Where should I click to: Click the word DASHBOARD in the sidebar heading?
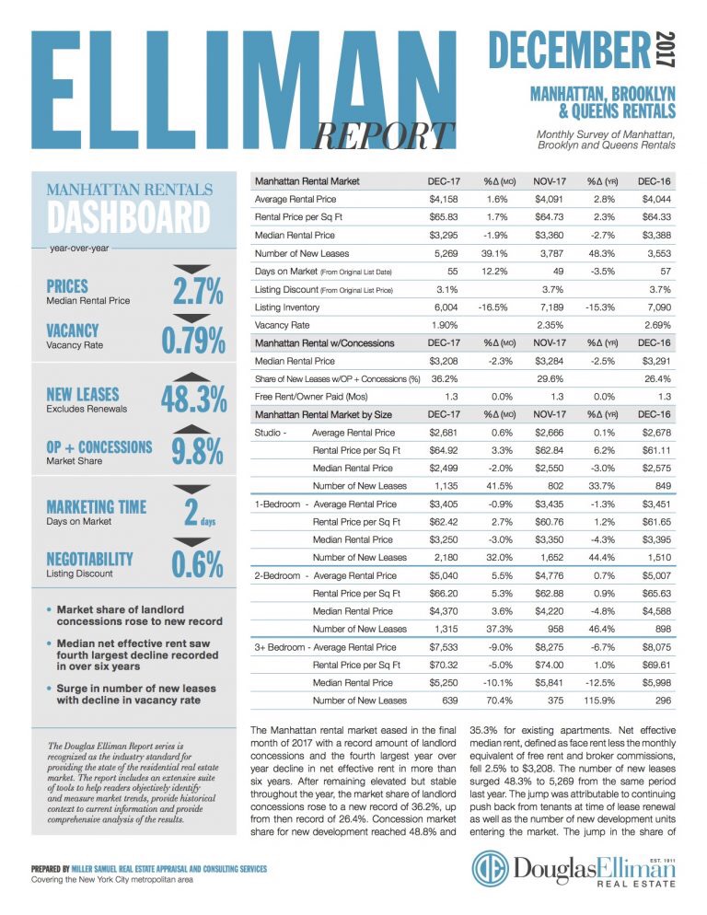click(x=128, y=219)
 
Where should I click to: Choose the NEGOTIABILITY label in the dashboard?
click(x=89, y=558)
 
